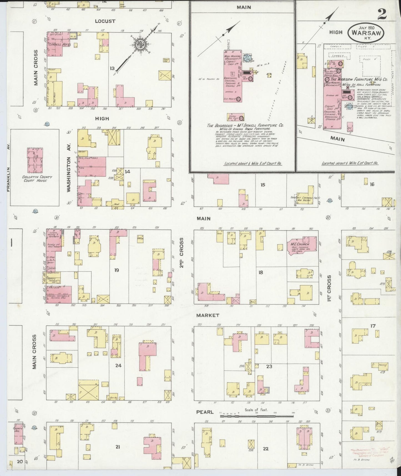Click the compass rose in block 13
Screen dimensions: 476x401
[x=138, y=44]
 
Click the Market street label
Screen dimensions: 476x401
[x=208, y=315]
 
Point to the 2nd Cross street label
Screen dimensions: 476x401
[x=182, y=252]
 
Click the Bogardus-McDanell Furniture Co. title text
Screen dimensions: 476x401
[x=245, y=125]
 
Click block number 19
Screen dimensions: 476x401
[x=117, y=270]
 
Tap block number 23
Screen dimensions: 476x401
[x=269, y=366]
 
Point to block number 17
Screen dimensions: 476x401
[x=373, y=326]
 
